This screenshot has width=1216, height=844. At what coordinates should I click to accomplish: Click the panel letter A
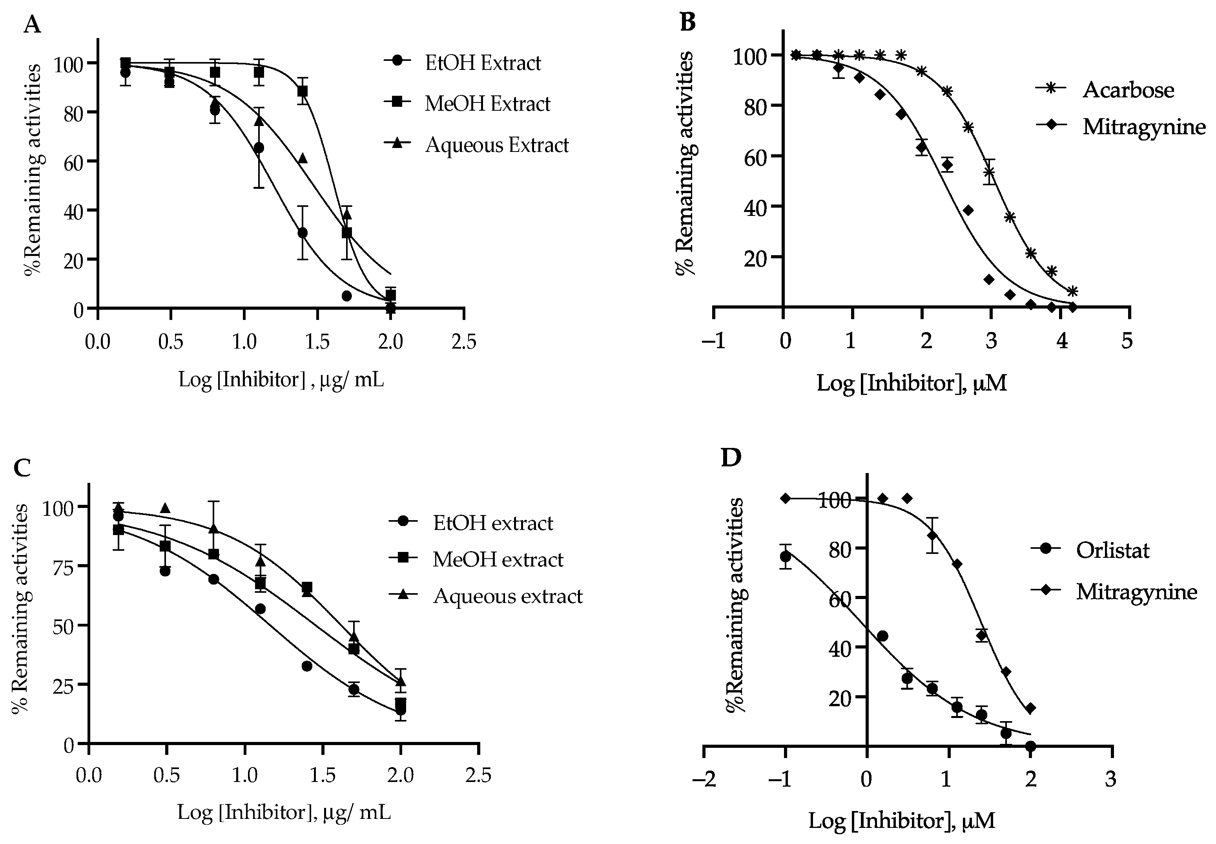click(32, 24)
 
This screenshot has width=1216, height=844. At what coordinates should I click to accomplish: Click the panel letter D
click(731, 459)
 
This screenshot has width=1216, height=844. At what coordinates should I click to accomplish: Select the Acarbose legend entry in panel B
click(1128, 90)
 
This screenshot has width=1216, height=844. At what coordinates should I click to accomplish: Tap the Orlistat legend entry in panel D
click(1112, 550)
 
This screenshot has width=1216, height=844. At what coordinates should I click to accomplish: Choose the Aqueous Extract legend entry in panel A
click(496, 145)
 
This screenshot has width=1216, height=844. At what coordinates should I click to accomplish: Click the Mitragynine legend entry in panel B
click(1143, 127)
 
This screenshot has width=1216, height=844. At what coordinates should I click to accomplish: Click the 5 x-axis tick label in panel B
click(1127, 341)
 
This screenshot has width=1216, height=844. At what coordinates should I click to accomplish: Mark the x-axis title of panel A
click(281, 380)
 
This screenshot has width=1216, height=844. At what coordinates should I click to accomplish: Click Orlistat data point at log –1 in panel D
click(786, 556)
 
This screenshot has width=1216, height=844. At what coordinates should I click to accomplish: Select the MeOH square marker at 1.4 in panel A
click(302, 91)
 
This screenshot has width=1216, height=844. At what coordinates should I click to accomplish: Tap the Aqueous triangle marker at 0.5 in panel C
click(166, 508)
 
